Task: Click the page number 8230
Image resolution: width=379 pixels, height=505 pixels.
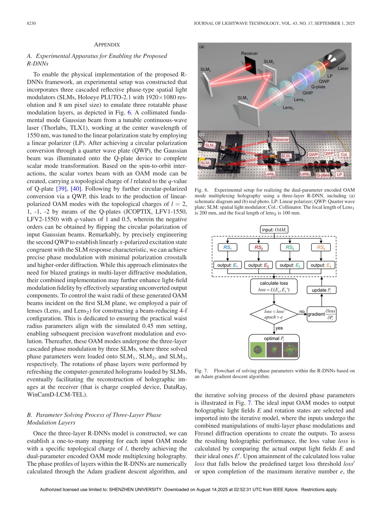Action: pos(31,23)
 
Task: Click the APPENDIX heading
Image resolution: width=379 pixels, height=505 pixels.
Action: pos(107,45)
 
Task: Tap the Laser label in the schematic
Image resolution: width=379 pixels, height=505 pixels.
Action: pos(343,68)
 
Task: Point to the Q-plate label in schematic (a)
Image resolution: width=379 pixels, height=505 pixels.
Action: pos(318,87)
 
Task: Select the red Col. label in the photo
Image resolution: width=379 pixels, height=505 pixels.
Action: pos(344,155)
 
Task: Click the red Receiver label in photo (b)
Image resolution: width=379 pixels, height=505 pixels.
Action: pos(281,139)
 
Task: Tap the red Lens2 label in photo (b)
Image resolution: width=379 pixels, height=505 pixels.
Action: pos(270,174)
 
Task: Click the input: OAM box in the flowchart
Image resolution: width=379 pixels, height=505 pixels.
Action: pos(274,230)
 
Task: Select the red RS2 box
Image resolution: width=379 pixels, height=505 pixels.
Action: pos(258,247)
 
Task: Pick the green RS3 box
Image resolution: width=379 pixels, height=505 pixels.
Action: pos(290,247)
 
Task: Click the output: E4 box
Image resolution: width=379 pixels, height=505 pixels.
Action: pos(321,265)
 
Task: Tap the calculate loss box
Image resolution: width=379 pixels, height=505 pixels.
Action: pos(274,286)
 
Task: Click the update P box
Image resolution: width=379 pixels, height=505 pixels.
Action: pos(321,290)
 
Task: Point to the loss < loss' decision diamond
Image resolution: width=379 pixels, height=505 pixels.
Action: pos(274,314)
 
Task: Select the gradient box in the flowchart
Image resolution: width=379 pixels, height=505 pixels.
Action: pos(321,314)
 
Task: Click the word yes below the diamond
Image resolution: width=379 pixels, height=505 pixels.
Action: pos(279,328)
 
